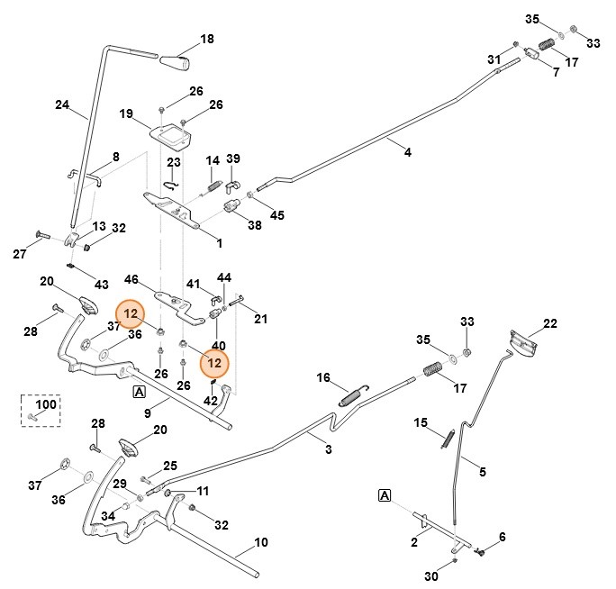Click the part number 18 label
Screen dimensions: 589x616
click(x=207, y=39)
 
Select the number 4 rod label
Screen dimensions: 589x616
click(x=407, y=153)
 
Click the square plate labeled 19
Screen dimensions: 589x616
click(x=171, y=136)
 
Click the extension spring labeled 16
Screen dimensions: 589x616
click(x=352, y=394)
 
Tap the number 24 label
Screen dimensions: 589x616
click(x=62, y=104)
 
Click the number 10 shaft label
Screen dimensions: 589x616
click(x=261, y=542)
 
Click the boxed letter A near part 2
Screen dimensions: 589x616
click(x=385, y=495)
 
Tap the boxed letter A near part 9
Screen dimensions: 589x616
click(x=139, y=391)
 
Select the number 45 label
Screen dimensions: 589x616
click(x=276, y=214)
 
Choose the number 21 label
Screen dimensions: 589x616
click(x=260, y=318)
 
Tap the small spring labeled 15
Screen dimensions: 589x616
click(x=447, y=437)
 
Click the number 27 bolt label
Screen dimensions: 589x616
click(x=19, y=254)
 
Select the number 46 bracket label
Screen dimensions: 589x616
click(x=131, y=280)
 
